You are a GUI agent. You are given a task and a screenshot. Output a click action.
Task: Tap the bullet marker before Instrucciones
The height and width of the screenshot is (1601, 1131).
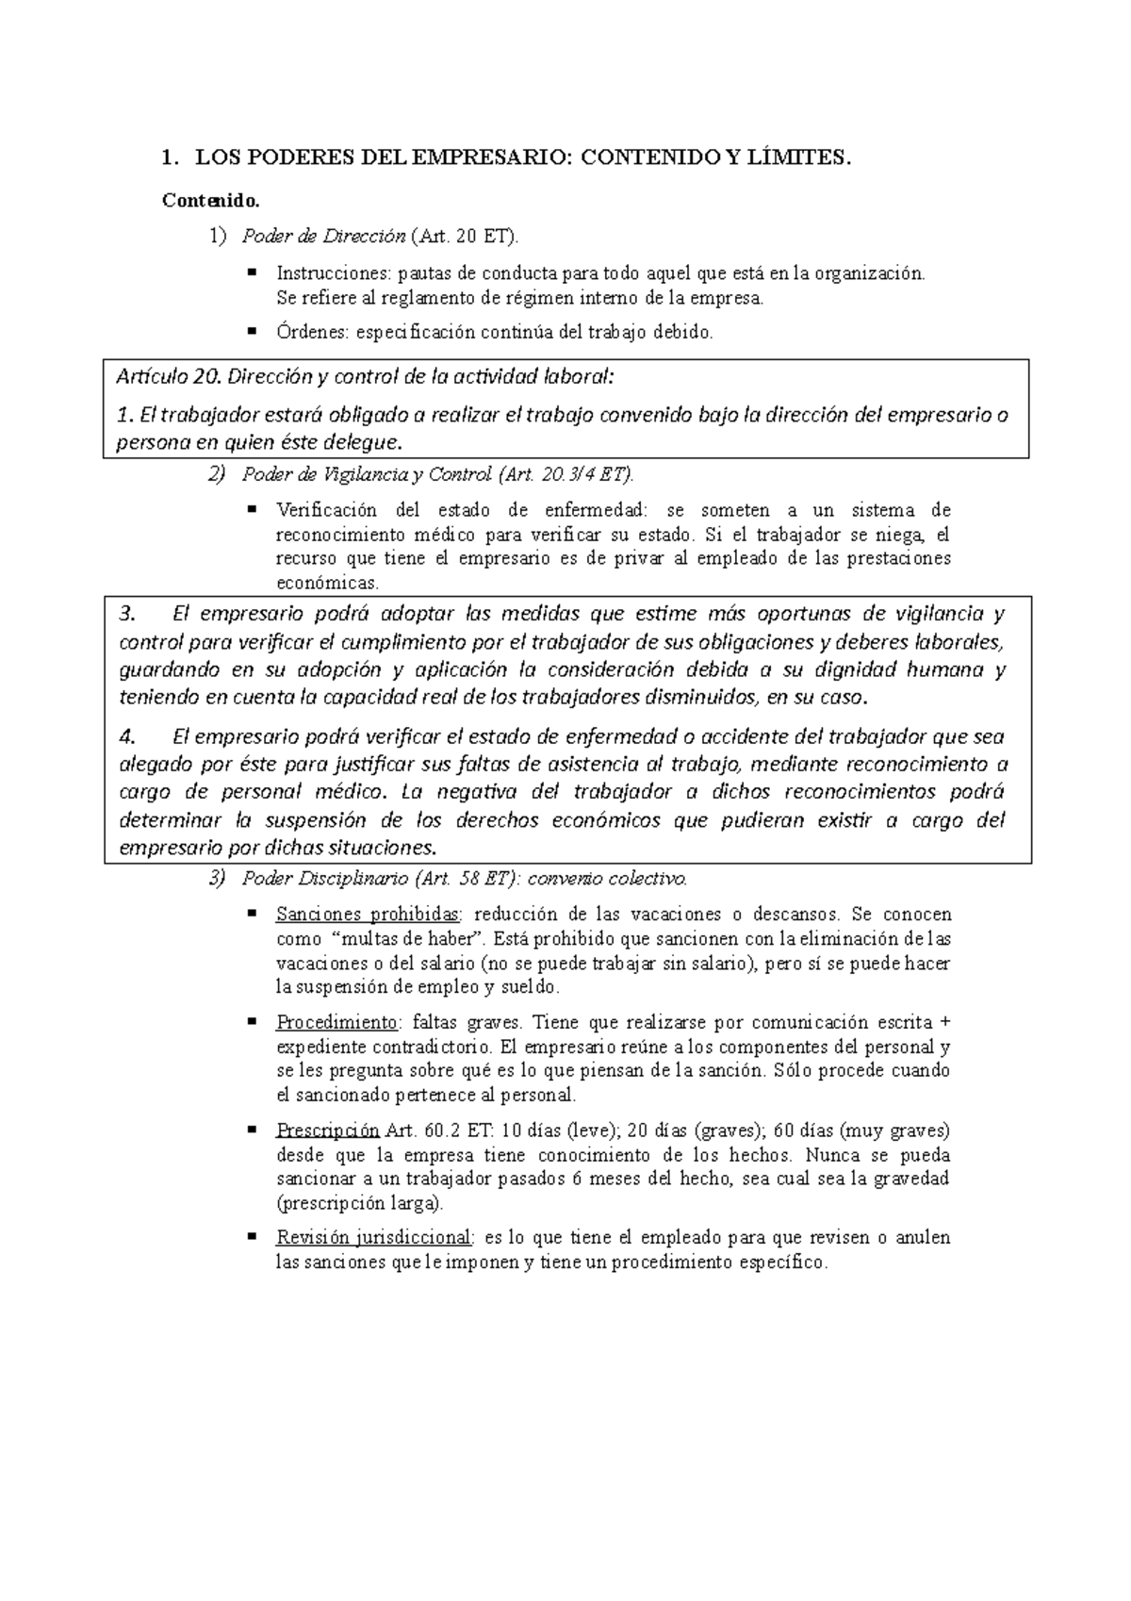point(252,272)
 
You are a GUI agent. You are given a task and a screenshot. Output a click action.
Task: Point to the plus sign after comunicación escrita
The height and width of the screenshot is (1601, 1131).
point(945,1023)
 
